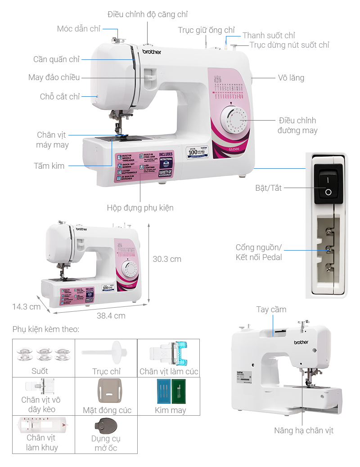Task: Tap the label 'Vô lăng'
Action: point(291,78)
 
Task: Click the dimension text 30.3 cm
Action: point(167,259)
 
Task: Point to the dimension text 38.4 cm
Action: point(111,316)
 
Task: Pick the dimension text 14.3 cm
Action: point(26,307)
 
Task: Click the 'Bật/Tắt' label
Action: point(268,188)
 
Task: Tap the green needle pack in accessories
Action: point(179,391)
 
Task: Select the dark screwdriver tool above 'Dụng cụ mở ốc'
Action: point(105,426)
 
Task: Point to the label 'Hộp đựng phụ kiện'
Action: point(140,208)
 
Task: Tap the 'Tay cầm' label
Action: point(271,310)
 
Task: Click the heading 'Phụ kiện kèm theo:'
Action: point(46,329)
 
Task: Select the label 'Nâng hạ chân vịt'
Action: point(304,431)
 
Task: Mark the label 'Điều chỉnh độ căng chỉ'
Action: point(148,15)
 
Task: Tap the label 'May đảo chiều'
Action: point(54,77)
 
